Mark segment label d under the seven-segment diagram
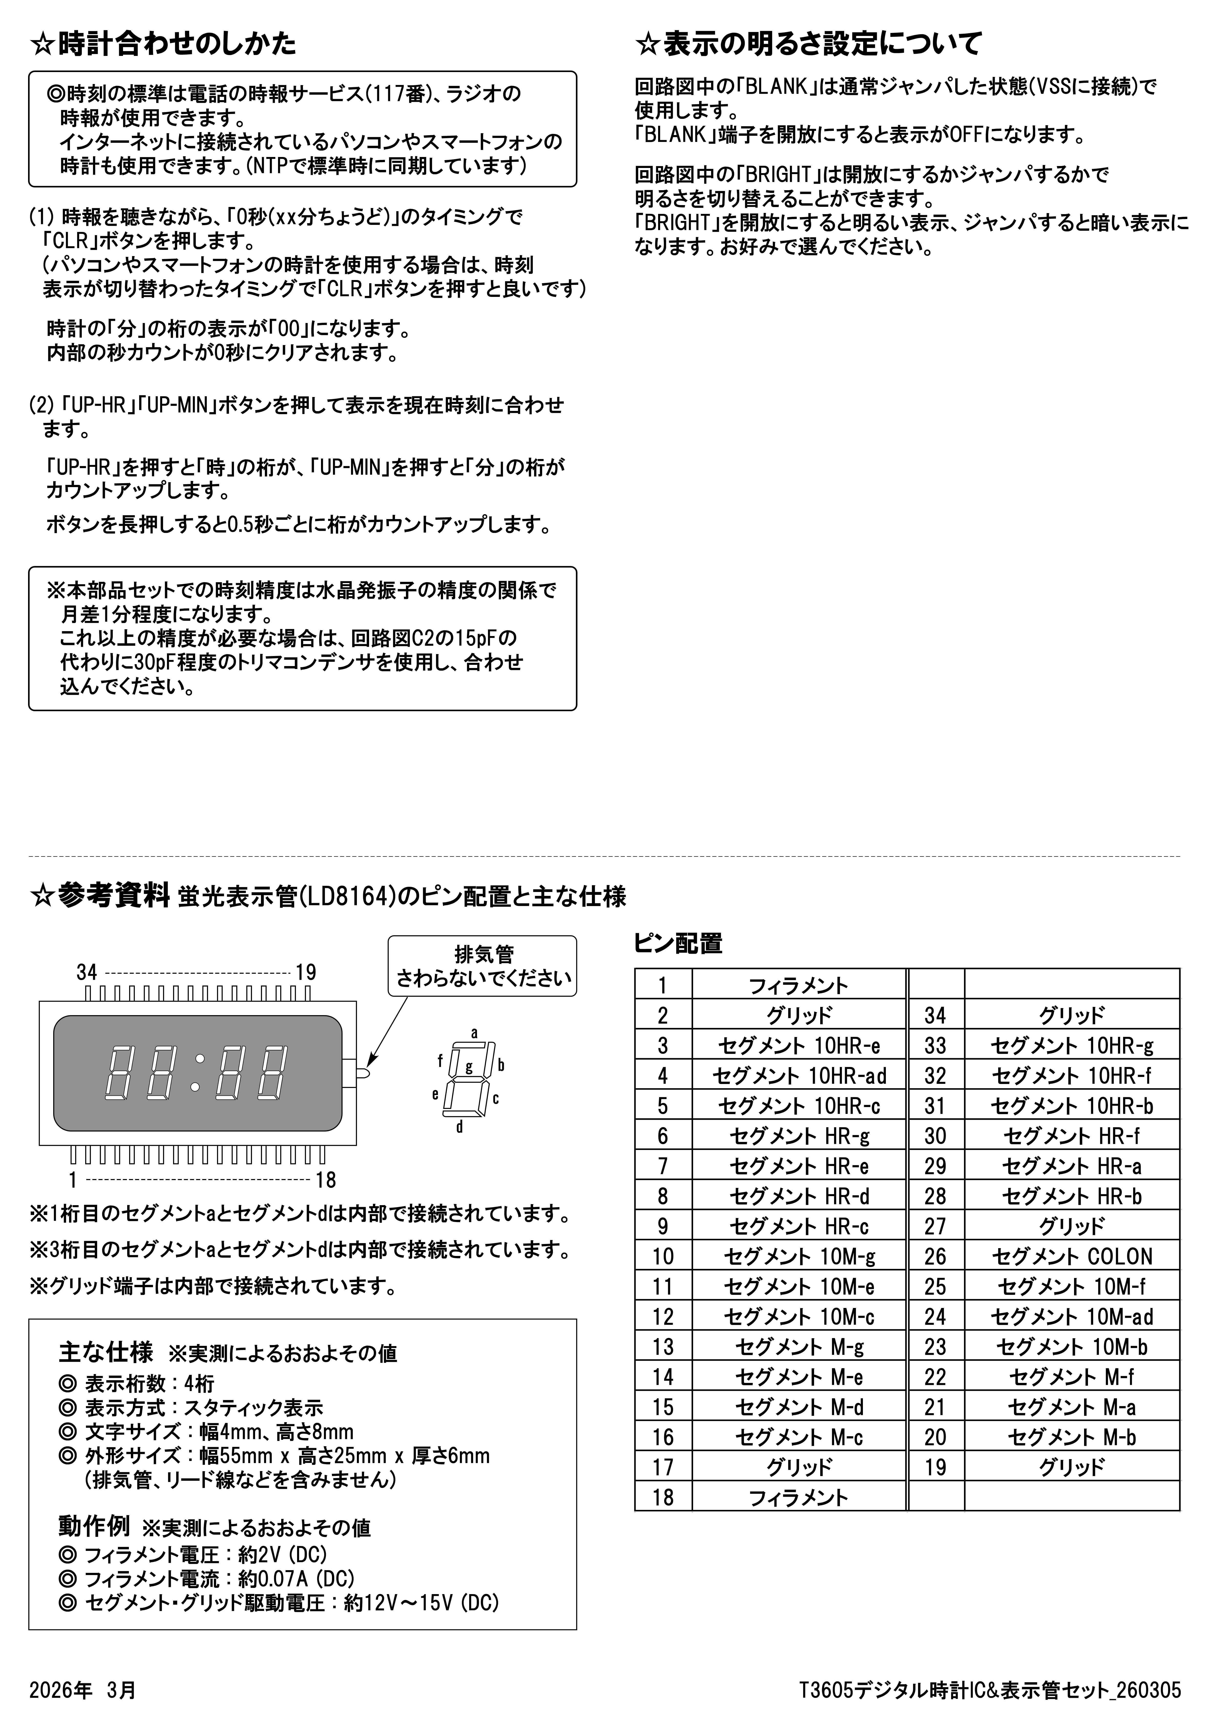460,1127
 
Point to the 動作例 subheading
94,1526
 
